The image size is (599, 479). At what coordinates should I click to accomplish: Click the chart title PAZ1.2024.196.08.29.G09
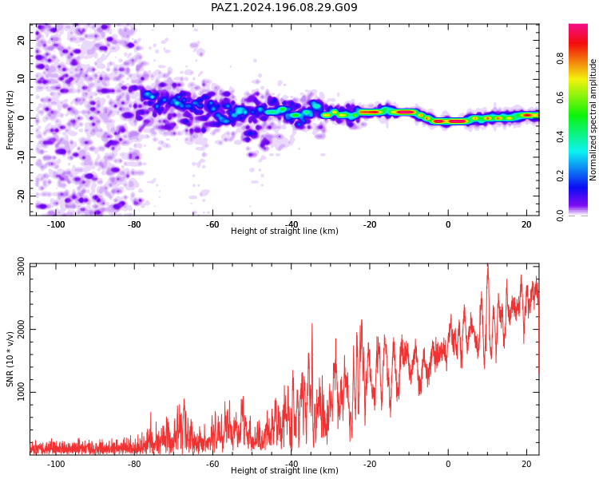(x=284, y=7)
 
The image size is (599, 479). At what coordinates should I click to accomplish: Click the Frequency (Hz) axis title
(x=10, y=120)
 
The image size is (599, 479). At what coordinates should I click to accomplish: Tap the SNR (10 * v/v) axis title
(x=10, y=359)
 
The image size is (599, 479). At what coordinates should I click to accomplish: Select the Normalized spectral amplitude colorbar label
(x=593, y=120)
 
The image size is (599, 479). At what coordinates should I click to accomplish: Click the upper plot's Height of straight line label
(x=284, y=231)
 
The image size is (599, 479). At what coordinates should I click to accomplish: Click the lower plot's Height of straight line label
(x=284, y=470)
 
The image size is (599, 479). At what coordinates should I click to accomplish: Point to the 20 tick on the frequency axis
(x=22, y=40)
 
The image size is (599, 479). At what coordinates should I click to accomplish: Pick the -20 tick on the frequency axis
(x=22, y=196)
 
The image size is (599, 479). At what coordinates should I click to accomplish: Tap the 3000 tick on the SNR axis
(x=22, y=266)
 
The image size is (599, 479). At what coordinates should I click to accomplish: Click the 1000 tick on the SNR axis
(x=22, y=392)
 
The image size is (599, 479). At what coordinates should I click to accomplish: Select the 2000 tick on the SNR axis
(x=22, y=329)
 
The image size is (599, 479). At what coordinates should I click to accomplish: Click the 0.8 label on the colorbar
(x=560, y=58)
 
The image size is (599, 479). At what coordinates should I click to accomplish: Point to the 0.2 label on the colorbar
(x=560, y=176)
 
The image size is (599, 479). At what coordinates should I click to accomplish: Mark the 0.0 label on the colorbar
(x=560, y=216)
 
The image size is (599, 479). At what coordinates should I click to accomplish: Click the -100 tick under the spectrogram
(x=56, y=224)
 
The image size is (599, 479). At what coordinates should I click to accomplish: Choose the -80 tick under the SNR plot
(x=134, y=464)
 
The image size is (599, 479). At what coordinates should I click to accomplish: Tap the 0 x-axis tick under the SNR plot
(x=448, y=464)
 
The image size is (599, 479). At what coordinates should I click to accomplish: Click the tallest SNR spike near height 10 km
(x=487, y=265)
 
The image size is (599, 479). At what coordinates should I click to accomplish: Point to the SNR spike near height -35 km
(x=312, y=324)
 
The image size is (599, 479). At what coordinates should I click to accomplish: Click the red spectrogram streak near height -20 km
(x=370, y=112)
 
